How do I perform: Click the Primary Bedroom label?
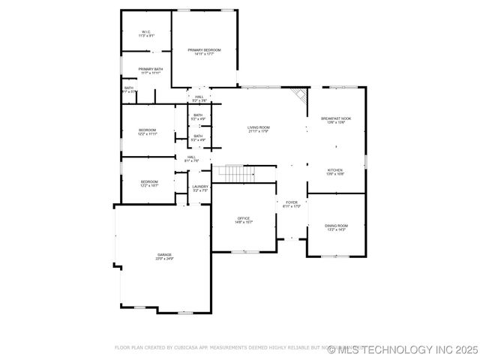pos(204,49)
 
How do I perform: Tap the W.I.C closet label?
pos(146,31)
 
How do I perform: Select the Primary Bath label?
pos(150,69)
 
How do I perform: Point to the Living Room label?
pos(259,127)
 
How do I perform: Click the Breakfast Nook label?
pos(336,118)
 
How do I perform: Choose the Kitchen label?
pos(334,170)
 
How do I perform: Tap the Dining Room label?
pos(336,226)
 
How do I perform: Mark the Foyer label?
pos(291,202)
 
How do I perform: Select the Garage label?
pos(164,255)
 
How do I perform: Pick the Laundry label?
pos(199,187)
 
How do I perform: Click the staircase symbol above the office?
pos(238,173)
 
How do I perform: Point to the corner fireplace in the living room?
pos(300,95)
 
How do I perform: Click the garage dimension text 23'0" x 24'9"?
pos(164,259)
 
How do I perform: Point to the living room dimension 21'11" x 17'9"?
pos(259,132)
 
